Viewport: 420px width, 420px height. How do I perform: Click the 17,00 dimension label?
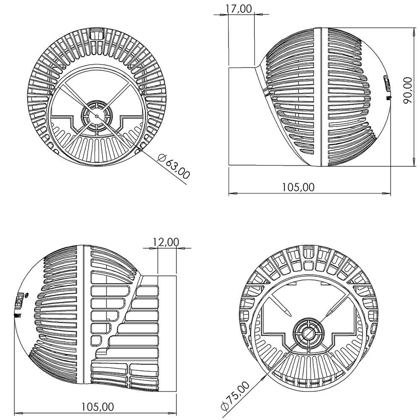239,8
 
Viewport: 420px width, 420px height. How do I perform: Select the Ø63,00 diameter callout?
174,167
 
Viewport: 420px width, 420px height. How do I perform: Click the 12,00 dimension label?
165,242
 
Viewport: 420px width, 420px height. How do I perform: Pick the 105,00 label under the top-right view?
298,187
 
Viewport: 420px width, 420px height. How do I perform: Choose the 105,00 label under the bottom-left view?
97,407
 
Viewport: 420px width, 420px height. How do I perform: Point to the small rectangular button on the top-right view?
387,83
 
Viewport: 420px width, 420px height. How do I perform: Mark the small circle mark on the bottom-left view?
27,295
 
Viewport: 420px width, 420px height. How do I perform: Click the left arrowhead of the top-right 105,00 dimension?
232,194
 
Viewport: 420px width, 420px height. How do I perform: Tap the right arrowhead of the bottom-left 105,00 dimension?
173,414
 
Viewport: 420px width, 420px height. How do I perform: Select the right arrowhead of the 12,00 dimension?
184,248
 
